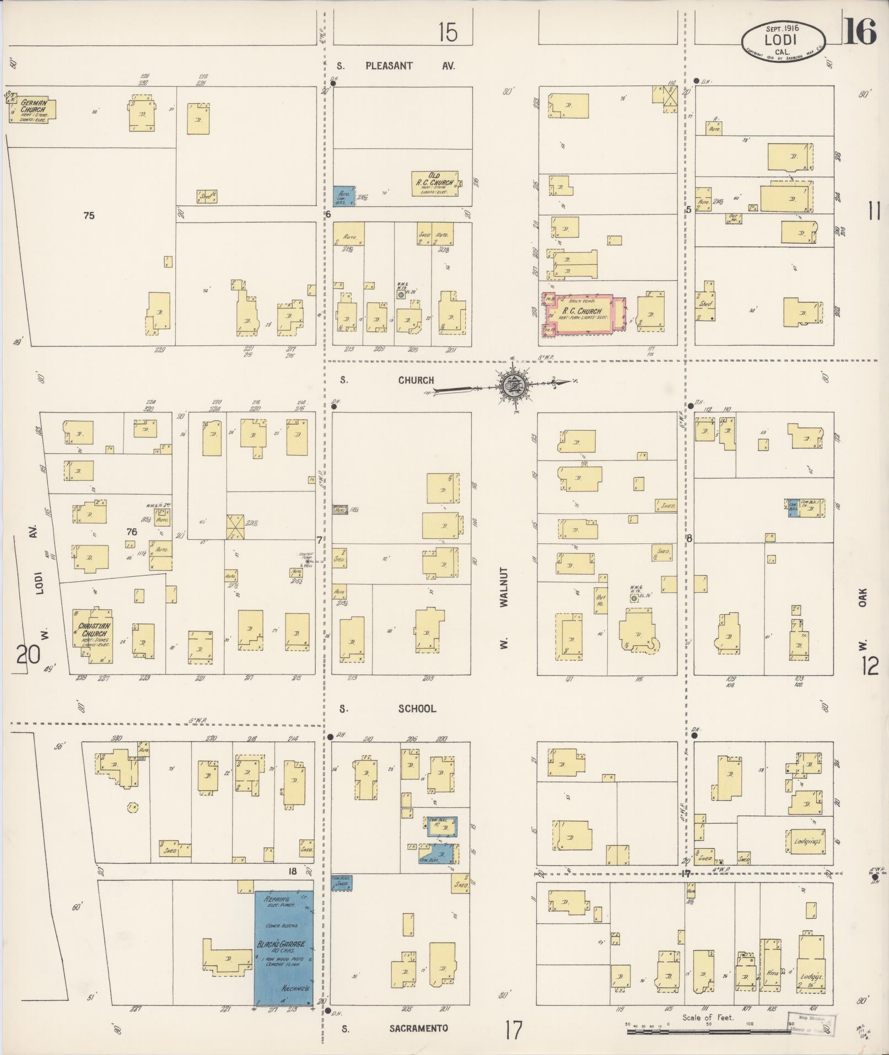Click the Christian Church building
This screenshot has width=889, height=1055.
pos(94,635)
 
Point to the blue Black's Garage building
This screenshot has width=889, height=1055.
pos(283,946)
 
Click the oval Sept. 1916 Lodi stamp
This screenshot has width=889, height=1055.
pos(783,39)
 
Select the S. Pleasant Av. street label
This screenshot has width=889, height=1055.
pos(395,66)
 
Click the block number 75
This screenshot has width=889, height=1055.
pos(89,216)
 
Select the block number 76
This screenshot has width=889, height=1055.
pos(131,532)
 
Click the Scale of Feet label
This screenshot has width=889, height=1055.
pos(708,1017)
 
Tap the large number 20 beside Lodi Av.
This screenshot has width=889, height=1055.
pos(29,655)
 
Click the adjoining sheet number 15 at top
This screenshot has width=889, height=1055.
pos(448,33)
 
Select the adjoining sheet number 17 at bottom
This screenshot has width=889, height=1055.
pos(513,1029)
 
